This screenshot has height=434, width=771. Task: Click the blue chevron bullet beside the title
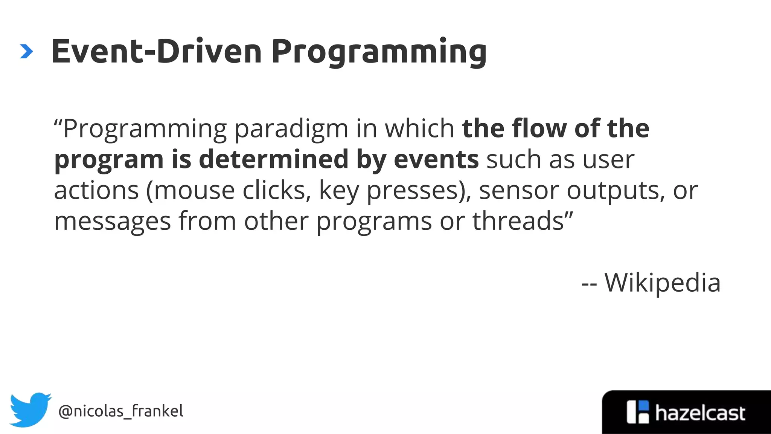[x=26, y=52]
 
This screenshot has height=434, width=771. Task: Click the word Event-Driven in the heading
[x=156, y=52]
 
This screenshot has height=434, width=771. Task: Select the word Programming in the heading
[x=379, y=53]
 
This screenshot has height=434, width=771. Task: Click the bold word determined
[x=273, y=159]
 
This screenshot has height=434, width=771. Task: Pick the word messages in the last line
[x=112, y=222]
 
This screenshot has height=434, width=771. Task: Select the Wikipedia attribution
[x=662, y=283]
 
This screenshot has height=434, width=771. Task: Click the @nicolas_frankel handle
[x=121, y=411]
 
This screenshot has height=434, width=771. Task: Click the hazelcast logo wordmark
[x=700, y=413]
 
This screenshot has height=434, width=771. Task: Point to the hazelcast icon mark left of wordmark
[x=638, y=412]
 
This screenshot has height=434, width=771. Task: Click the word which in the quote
[x=419, y=128]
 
